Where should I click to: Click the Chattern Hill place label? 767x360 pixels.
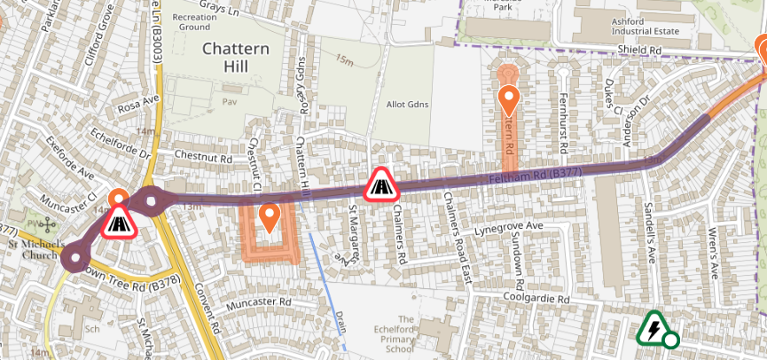236,59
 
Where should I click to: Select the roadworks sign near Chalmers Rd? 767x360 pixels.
381,185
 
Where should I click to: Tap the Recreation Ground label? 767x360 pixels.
194,22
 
